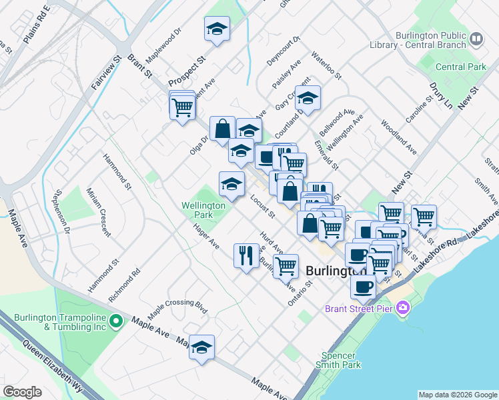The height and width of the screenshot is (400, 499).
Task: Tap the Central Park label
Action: (x=461, y=67)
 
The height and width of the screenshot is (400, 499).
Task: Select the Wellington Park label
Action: (x=206, y=211)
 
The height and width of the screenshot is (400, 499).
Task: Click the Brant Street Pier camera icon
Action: (x=403, y=307)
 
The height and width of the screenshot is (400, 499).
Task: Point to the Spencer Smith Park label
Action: (x=341, y=360)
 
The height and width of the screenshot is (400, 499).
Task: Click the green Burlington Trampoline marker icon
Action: (x=115, y=321)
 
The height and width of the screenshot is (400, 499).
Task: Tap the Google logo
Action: (x=22, y=392)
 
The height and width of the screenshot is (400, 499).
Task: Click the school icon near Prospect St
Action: (x=217, y=29)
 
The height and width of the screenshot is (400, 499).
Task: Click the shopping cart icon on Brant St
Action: (x=182, y=106)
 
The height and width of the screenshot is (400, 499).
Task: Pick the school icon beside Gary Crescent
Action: (x=308, y=98)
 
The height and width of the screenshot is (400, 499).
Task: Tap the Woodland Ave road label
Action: (x=399, y=137)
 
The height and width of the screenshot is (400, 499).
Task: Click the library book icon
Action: (x=476, y=38)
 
